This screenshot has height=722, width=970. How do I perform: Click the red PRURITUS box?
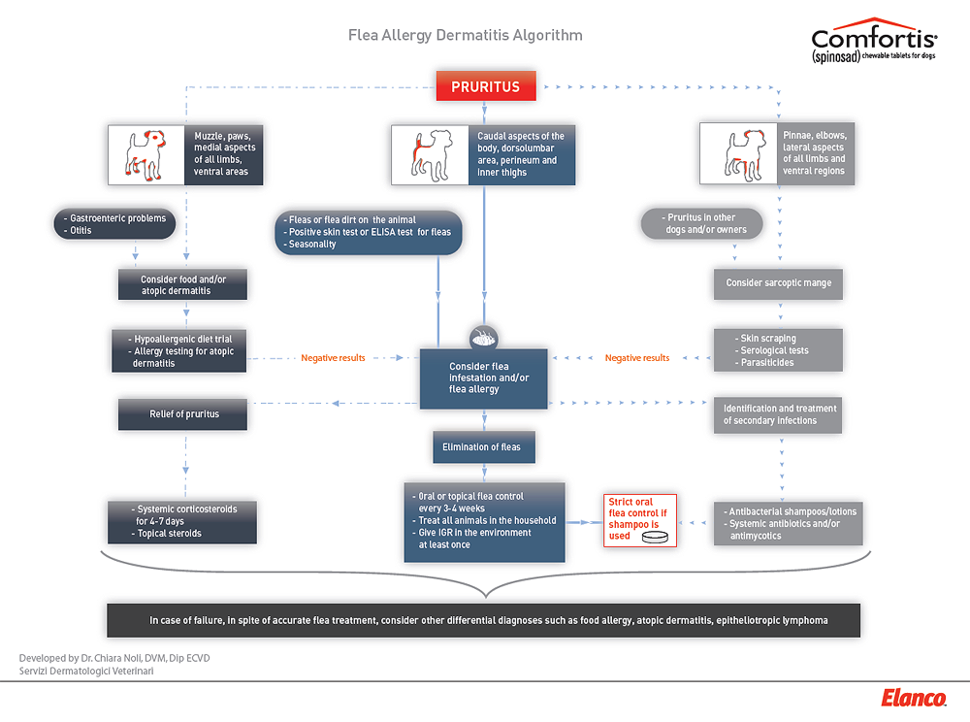point(485,86)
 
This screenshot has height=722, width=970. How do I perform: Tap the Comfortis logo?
point(873,43)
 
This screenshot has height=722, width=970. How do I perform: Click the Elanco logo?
point(914,698)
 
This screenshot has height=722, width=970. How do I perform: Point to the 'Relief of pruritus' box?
point(183,414)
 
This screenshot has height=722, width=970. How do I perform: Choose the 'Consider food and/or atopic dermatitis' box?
point(183,284)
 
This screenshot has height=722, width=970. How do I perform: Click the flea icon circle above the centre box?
point(483,337)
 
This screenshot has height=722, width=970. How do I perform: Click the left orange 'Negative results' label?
point(333,358)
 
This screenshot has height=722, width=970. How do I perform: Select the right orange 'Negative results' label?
point(637,358)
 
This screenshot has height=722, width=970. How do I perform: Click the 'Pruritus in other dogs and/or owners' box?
point(701,224)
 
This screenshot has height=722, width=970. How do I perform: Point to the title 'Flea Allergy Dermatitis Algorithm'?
point(466,36)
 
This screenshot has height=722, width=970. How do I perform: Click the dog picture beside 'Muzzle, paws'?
point(148,155)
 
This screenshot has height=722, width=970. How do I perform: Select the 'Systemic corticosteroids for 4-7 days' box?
point(183,521)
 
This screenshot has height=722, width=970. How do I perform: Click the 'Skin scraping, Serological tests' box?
point(778,350)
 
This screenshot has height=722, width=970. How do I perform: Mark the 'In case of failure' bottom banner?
point(483,620)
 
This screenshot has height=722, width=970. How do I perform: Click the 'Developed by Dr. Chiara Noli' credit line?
point(114,658)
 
